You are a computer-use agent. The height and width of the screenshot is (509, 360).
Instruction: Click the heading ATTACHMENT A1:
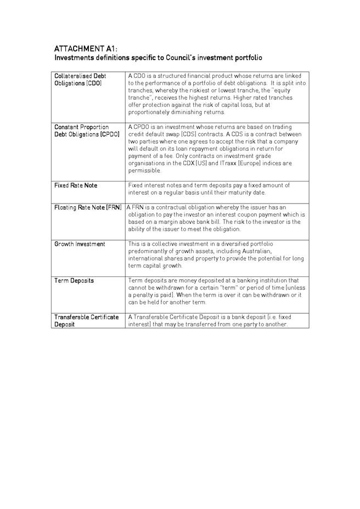point(86,48)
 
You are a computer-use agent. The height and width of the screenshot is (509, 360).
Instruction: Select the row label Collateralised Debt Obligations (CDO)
point(80,79)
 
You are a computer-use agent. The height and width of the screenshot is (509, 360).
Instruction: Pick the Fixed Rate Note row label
point(76,185)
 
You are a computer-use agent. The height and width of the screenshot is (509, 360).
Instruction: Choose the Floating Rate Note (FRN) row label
point(88,207)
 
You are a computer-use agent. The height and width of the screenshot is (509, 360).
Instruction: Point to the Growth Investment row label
point(80,244)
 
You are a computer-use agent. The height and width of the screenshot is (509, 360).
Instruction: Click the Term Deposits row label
point(74,281)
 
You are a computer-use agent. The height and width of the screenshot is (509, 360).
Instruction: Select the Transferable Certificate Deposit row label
point(86,320)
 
